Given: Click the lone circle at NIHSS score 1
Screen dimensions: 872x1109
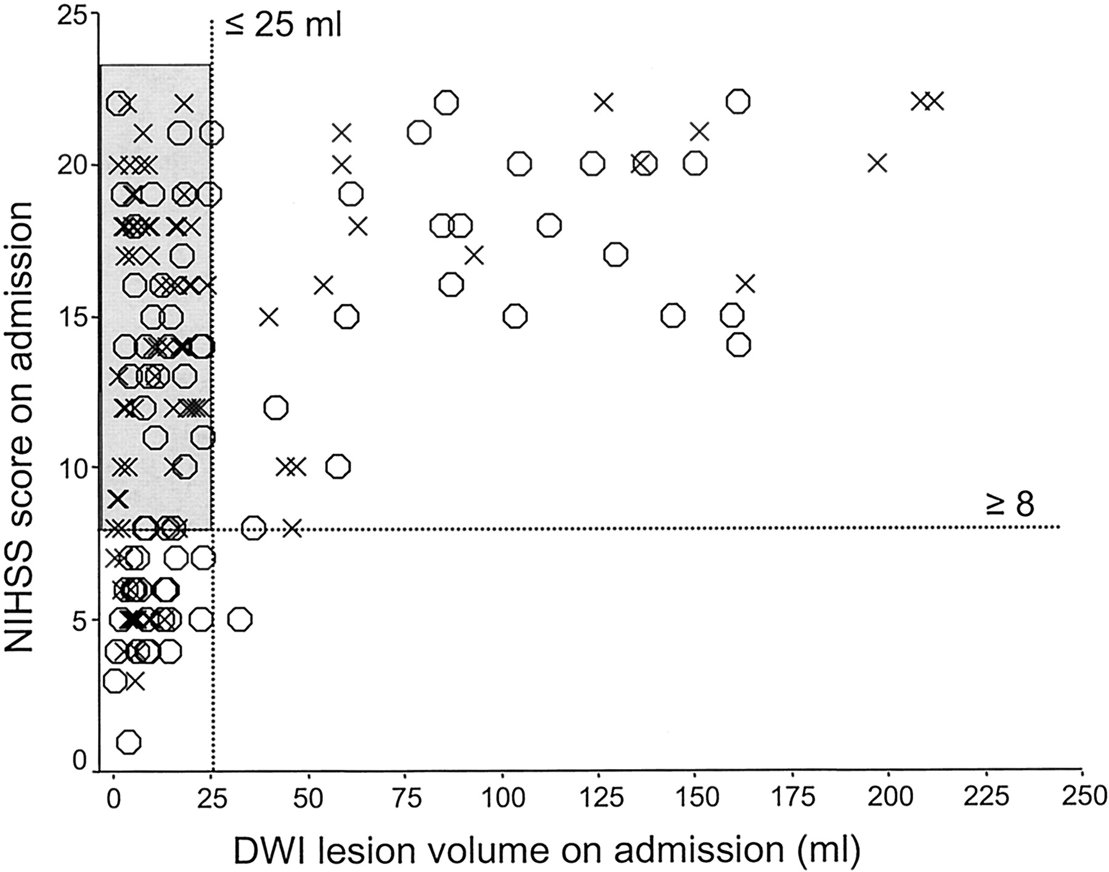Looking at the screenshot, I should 128,742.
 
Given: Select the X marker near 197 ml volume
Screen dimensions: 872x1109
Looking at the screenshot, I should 877,163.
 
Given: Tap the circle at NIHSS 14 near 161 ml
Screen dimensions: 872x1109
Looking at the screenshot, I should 739,344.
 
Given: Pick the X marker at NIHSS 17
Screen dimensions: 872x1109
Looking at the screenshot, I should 474,255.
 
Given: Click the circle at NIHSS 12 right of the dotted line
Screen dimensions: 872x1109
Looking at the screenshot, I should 275,407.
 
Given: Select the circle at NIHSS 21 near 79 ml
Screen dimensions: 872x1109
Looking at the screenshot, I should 419,132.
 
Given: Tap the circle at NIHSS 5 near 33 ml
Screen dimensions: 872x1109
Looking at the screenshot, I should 240,619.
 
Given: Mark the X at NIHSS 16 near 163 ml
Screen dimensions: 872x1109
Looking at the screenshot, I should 745,284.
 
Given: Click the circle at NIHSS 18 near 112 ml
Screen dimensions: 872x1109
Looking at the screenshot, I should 549,226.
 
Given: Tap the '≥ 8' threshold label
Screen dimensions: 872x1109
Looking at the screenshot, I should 1009,505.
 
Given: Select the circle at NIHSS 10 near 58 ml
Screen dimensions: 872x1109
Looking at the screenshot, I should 338,467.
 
